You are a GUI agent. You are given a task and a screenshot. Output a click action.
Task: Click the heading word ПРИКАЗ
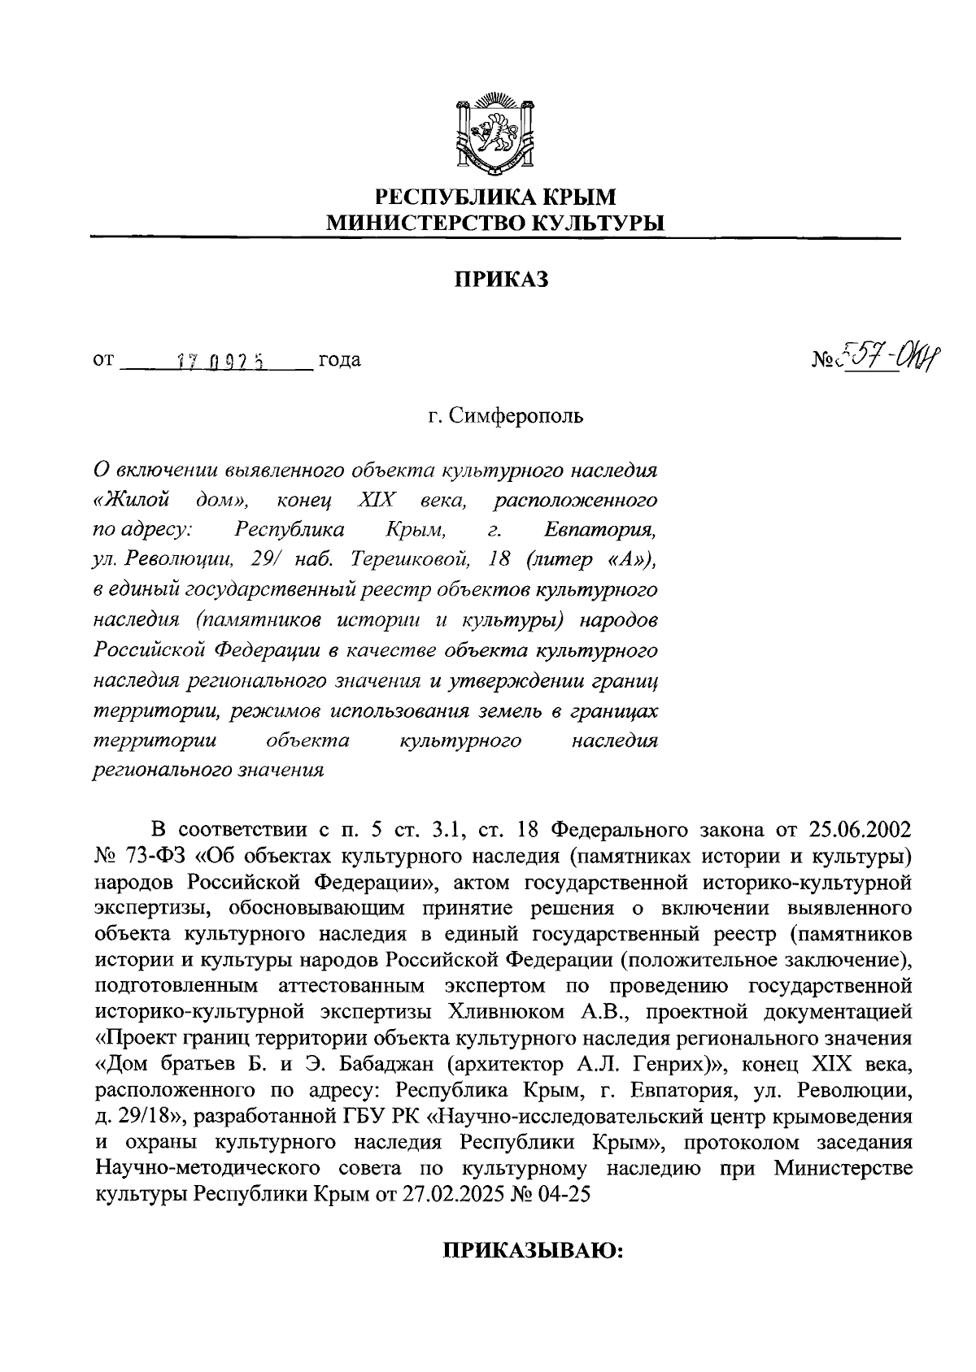pos(501,280)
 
